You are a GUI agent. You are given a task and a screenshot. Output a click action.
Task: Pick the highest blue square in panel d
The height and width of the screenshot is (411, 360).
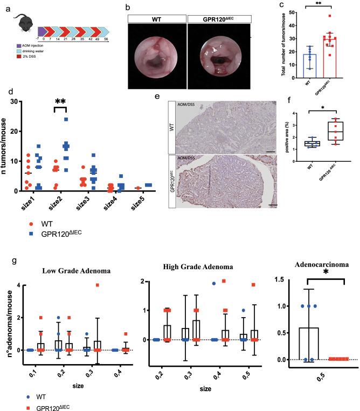click(66, 119)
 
